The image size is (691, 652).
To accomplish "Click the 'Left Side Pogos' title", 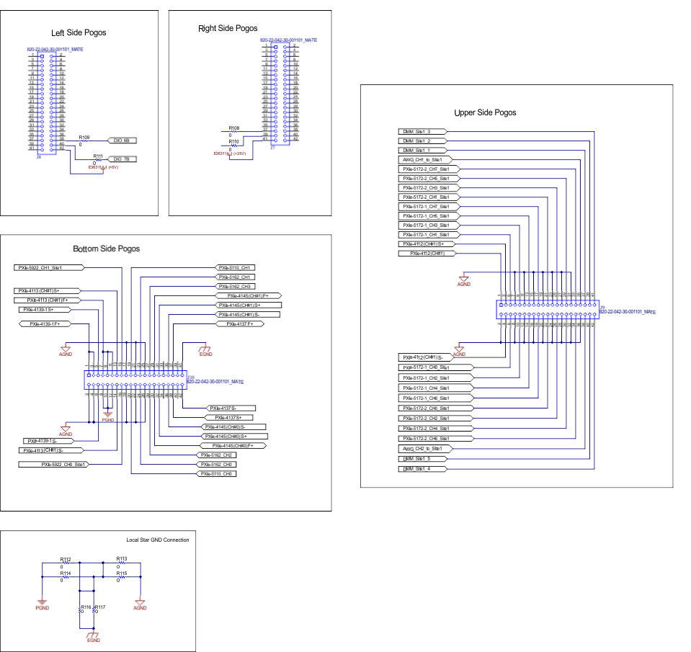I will pos(77,32).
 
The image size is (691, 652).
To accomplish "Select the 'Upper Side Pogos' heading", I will pos(485,112).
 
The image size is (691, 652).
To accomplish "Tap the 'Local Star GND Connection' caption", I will pos(157,540).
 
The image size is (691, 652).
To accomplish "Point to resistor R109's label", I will pos(84,136).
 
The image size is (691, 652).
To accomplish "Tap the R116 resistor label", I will pos(86,607).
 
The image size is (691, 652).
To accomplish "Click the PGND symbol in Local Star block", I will pos(42,604).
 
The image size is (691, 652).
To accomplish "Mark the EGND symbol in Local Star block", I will pos(93,637).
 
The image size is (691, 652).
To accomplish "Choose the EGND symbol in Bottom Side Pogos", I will pos(205,351).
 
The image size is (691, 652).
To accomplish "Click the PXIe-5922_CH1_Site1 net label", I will pos(48,267).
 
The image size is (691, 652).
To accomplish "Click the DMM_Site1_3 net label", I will pos(422,132).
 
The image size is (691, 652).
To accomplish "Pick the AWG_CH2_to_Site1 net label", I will pos(425,448).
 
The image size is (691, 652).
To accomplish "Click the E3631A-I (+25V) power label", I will pos(229,153).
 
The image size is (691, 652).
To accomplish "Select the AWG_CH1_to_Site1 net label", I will pos(425,159).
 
